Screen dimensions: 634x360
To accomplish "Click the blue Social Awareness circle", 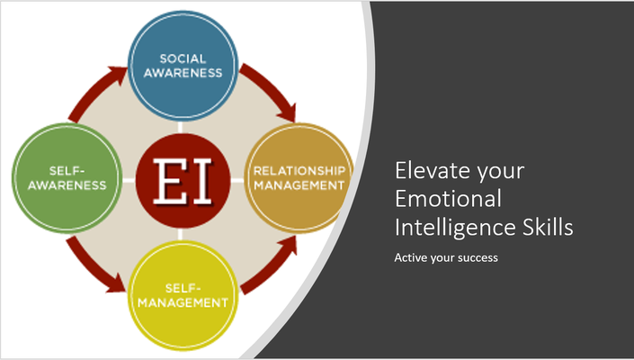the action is click(183, 66).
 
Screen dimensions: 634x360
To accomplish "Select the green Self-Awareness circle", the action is click(67, 178).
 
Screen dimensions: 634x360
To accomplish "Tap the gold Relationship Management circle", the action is click(299, 178).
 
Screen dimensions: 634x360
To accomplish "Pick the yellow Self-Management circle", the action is click(183, 296).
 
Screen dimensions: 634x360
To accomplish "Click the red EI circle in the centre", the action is click(183, 181).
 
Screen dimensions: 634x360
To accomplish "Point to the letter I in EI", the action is click(201, 181).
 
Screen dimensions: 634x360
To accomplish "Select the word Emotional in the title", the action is click(448, 198).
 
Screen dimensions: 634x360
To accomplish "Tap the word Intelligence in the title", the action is click(455, 228).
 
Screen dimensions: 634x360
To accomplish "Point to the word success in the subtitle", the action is click(478, 257).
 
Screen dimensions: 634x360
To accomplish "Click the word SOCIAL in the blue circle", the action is click(183, 58).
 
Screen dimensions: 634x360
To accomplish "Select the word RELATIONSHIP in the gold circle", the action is click(299, 171).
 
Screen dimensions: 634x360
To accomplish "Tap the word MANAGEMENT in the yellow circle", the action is click(183, 302).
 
